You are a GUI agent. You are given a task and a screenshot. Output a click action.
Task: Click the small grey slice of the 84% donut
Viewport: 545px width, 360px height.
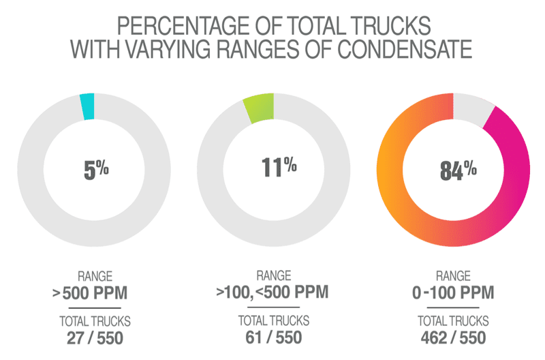click(x=474, y=108)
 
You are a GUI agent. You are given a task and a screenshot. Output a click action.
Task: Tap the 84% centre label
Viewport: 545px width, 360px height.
click(x=457, y=170)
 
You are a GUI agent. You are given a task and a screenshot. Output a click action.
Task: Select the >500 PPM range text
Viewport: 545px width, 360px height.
click(x=91, y=294)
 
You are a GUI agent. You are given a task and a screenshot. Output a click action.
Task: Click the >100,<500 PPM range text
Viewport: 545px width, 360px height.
click(x=272, y=293)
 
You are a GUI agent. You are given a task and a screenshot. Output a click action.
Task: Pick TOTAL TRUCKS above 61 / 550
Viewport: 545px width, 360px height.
click(x=272, y=320)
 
